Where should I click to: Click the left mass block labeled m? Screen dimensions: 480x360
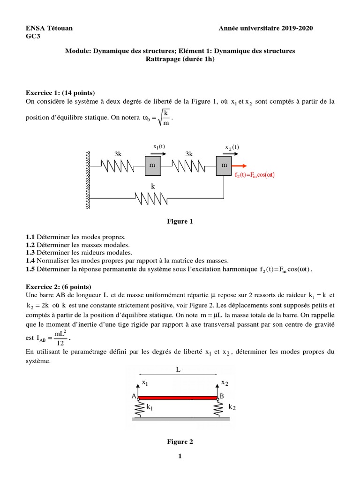(152, 165)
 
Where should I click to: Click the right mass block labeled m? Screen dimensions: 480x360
(224, 165)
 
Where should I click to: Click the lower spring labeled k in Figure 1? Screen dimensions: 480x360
(152, 198)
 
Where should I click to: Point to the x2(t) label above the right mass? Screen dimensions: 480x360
(232, 147)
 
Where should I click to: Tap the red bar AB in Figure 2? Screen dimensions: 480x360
(178, 397)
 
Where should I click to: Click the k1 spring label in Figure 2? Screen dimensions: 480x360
(150, 407)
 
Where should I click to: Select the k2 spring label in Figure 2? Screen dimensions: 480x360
(232, 407)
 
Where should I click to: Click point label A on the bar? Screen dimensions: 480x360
(134, 397)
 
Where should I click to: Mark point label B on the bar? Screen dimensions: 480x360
(222, 397)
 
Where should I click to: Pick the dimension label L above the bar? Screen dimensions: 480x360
(178, 370)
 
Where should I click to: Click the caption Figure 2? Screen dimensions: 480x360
(180, 442)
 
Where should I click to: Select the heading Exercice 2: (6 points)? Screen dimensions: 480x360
(59, 286)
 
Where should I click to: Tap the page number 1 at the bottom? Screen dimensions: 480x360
(180, 457)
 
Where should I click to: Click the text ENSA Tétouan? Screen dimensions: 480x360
(49, 29)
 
